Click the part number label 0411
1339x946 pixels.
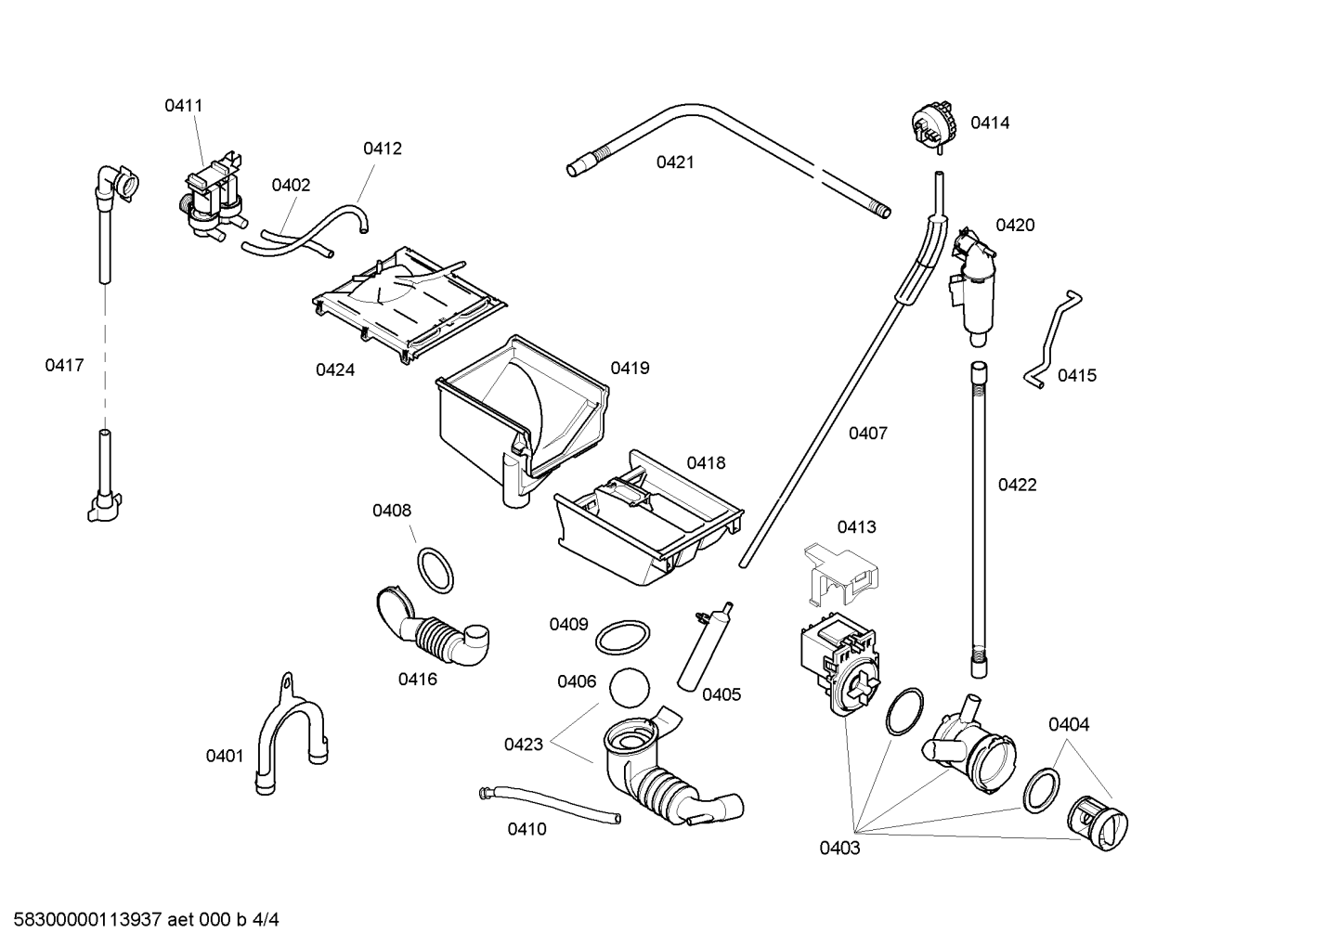tap(184, 106)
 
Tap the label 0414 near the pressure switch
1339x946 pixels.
tap(990, 123)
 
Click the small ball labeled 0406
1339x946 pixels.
tap(630, 687)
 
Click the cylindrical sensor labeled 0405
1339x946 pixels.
tap(704, 649)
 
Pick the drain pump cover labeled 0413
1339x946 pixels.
tap(840, 575)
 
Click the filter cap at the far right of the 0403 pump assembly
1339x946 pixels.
tap(1098, 823)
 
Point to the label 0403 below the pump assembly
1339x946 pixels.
tap(839, 848)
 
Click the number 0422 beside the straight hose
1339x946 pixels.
tap(1017, 485)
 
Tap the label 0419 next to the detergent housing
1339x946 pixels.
tap(630, 369)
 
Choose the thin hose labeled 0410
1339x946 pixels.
tap(549, 804)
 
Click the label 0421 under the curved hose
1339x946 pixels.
tap(675, 162)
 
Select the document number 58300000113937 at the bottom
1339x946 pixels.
tap(87, 920)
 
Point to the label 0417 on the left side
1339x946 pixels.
tap(65, 365)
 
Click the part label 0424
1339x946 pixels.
tap(335, 370)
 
